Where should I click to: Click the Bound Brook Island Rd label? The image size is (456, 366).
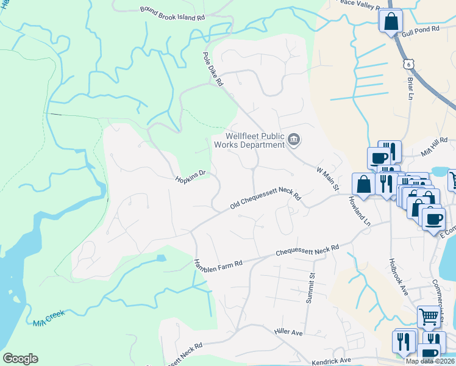tap(172, 13)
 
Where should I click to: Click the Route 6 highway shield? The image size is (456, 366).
tap(408, 63)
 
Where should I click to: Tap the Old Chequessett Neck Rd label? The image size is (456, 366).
tap(266, 199)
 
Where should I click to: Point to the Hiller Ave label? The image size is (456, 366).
tap(288, 332)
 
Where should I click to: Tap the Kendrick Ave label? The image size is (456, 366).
tap(332, 361)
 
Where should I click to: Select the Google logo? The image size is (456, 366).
tap(20, 359)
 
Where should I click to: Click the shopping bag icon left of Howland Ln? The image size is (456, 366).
tap(364, 185)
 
